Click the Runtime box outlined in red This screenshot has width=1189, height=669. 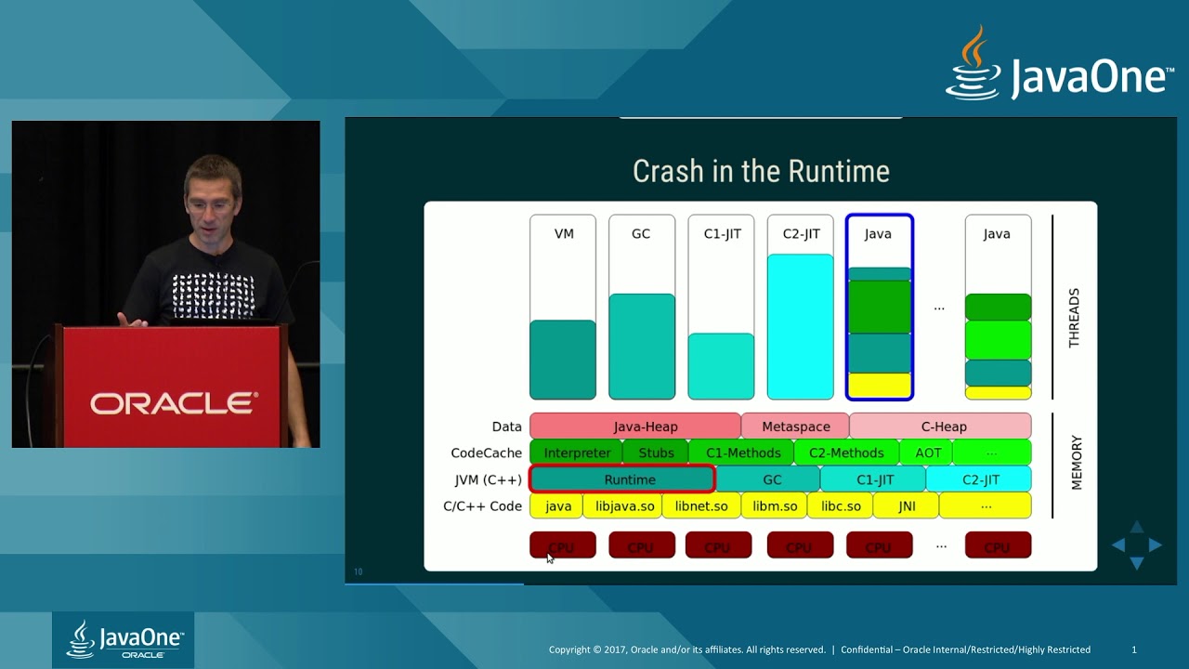[x=621, y=479]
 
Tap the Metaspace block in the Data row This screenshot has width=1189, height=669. [x=795, y=426]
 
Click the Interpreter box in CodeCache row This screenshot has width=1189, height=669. [x=576, y=453]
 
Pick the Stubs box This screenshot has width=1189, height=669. [x=656, y=453]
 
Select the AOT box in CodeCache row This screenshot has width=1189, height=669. [x=927, y=453]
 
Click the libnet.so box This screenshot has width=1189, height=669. [x=701, y=506]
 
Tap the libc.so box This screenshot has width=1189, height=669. [x=841, y=506]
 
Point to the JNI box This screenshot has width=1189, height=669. [x=907, y=506]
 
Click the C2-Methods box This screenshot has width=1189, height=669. [x=846, y=453]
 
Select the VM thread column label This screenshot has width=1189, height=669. [x=564, y=234]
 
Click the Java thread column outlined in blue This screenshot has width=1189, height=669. [x=879, y=307]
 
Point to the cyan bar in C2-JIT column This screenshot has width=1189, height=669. [x=800, y=326]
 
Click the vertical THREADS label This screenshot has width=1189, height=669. [x=1074, y=318]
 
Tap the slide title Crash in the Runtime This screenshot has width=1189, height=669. [x=761, y=171]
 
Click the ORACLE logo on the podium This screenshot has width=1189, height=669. [x=174, y=403]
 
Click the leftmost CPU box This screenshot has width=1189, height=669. [x=562, y=545]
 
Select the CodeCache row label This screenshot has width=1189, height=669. [x=486, y=453]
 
